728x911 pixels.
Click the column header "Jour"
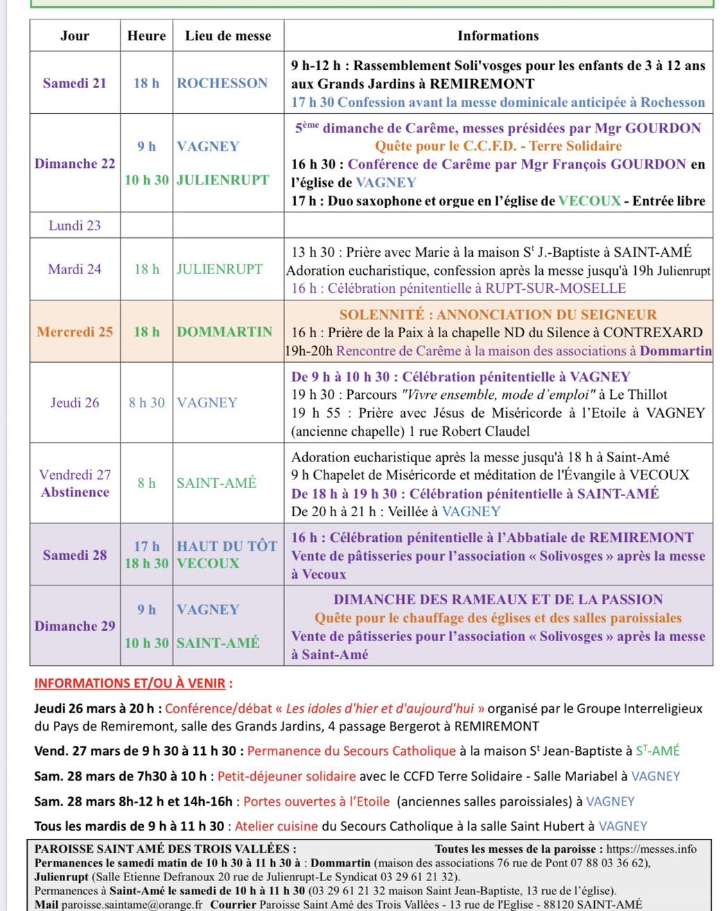[75, 36]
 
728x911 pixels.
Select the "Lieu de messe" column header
[228, 36]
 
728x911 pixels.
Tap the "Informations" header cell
[498, 36]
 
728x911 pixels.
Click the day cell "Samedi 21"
[75, 83]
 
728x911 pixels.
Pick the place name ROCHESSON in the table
[222, 83]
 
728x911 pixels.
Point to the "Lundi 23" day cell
[75, 225]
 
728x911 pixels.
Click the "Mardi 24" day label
[75, 269]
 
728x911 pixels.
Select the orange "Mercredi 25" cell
[75, 332]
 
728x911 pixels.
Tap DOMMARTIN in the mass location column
[225, 332]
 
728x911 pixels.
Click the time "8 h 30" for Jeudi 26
[146, 402]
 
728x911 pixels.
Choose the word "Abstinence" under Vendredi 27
[75, 493]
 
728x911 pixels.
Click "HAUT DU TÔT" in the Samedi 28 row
[227, 546]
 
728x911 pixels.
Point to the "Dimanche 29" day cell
[75, 626]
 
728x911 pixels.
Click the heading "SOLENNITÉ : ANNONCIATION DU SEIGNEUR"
[498, 314]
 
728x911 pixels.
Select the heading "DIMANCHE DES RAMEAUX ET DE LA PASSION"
[498, 599]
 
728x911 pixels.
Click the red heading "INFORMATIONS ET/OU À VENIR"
[130, 683]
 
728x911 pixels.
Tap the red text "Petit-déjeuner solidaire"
[286, 776]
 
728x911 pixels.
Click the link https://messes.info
[651, 849]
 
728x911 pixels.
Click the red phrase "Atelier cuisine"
[276, 826]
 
